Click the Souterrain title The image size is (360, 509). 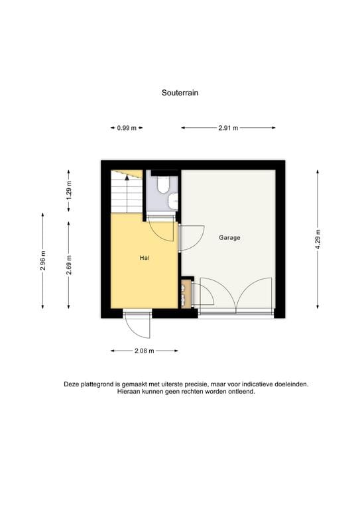point(180,93)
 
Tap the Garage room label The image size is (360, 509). point(229,237)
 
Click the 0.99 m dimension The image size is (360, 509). point(127,128)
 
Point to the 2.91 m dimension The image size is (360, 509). point(228,128)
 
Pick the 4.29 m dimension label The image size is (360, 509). point(318,238)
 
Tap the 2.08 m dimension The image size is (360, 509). point(145,351)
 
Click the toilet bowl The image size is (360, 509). point(163,185)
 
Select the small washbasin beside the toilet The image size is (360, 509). point(173,200)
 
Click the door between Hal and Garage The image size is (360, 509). point(190,238)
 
